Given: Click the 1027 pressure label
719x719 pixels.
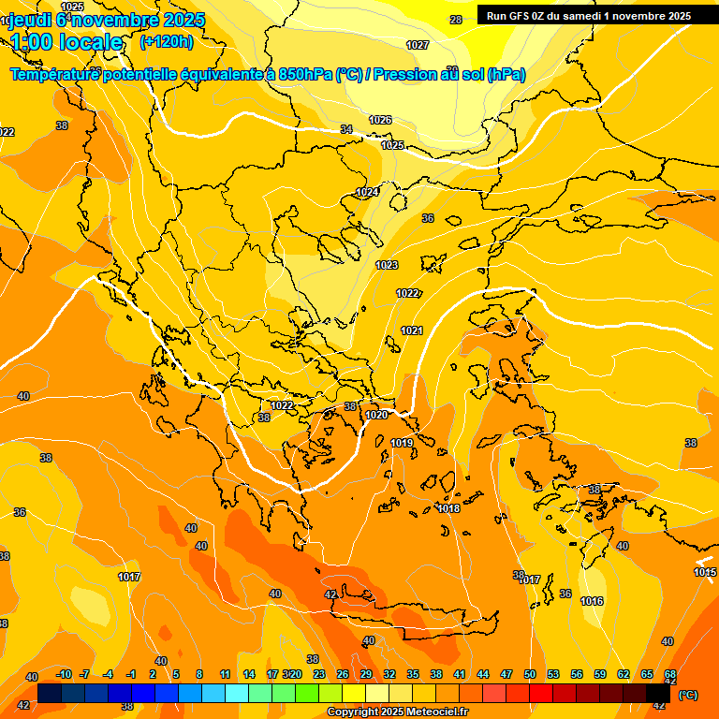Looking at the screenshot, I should tap(418, 45).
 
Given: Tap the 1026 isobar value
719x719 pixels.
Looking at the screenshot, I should tap(380, 120).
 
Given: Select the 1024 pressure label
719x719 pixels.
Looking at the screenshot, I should tap(367, 192).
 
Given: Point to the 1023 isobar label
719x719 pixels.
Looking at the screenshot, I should tap(387, 265).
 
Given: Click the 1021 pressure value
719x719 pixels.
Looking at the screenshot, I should tap(411, 330).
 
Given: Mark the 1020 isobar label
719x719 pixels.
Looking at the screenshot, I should tap(376, 415).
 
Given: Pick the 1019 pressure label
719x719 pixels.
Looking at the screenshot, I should tap(402, 443).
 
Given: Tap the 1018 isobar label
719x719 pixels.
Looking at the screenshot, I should tap(448, 508).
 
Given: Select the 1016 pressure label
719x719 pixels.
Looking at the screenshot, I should tap(592, 601).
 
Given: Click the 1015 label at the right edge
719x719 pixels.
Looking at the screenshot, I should tap(705, 572).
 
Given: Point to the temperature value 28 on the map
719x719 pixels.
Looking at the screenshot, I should tap(456, 20).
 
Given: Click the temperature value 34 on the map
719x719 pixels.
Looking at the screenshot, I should tap(346, 129).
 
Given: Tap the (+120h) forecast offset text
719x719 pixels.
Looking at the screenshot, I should tap(167, 41).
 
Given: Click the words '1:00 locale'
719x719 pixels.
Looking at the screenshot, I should tap(66, 42).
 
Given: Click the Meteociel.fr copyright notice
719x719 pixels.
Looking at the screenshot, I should tap(397, 712).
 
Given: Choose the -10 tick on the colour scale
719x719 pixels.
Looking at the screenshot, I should tap(64, 674).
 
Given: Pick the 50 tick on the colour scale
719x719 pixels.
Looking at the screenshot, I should tap(530, 674).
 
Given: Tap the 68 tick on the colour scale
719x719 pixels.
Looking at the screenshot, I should tap(670, 674).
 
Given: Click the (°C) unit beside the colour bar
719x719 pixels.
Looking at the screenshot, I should tap(687, 695).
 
